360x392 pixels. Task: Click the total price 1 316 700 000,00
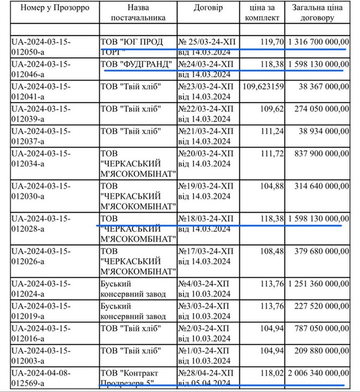click(319, 42)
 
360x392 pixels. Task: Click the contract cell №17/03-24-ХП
click(206, 255)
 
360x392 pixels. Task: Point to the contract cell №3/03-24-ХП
click(205, 311)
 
